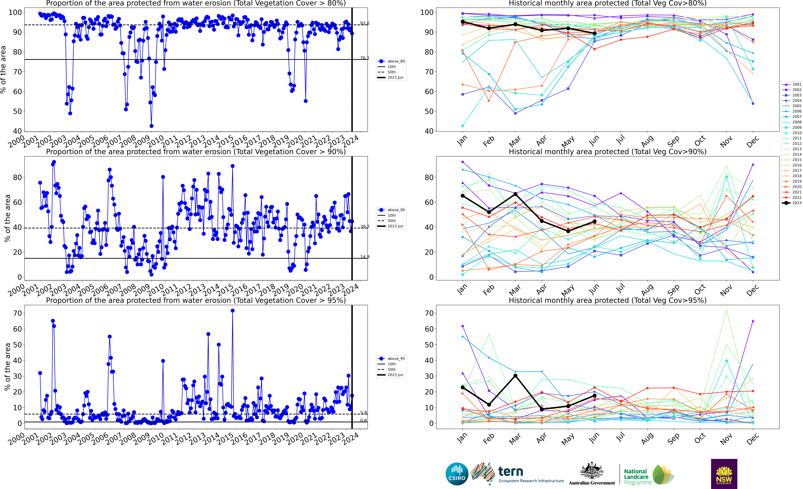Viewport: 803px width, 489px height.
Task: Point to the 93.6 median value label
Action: point(365,23)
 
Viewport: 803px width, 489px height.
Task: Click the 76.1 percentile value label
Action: point(365,58)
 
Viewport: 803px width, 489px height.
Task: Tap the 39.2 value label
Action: point(365,227)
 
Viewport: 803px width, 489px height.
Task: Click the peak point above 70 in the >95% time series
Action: point(232,311)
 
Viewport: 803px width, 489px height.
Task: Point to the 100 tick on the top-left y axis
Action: point(15,12)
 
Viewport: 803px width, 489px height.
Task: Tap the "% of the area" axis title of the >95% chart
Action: point(7,367)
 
